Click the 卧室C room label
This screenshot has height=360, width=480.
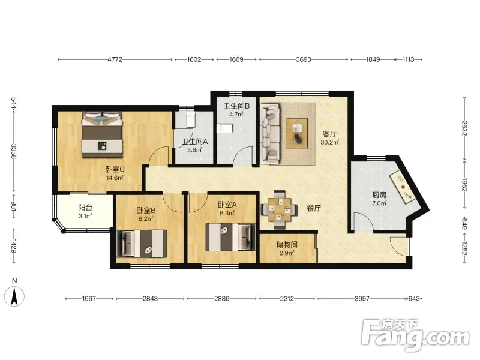(x=115, y=169)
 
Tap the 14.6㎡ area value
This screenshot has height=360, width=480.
(x=115, y=178)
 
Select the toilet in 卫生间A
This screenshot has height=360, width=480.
(x=191, y=119)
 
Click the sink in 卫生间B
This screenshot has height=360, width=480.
(x=224, y=128)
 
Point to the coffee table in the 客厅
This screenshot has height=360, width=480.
(x=296, y=133)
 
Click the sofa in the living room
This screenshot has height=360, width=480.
(x=270, y=132)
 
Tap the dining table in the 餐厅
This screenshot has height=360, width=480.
(x=279, y=209)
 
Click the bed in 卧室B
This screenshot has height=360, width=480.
(x=142, y=244)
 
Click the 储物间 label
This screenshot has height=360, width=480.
(x=287, y=244)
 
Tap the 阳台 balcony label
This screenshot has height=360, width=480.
(x=85, y=208)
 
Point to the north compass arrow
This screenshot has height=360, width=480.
(x=14, y=296)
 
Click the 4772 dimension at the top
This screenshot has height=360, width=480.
(x=115, y=59)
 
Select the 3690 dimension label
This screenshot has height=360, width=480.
(x=304, y=59)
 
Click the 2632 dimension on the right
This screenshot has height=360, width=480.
(x=464, y=128)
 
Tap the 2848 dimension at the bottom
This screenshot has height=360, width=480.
(x=150, y=298)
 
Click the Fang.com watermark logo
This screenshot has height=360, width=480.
(x=415, y=335)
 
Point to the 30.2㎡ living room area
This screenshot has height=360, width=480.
(x=329, y=142)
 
